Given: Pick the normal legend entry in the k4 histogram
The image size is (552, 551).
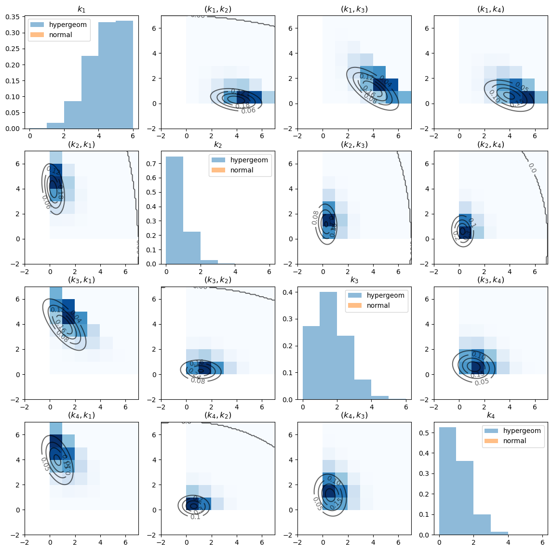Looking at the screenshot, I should pos(514,441).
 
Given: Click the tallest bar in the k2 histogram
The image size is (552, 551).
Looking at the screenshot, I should pos(175,210).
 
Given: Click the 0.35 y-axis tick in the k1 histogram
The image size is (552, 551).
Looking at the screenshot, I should pos(13,17).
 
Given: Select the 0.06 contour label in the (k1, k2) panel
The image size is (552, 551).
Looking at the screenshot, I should pos(248,111).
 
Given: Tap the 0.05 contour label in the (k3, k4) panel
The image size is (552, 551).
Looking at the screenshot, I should pos(482,382).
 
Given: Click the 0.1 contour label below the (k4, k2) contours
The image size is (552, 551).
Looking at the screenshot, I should pos(195,517).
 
